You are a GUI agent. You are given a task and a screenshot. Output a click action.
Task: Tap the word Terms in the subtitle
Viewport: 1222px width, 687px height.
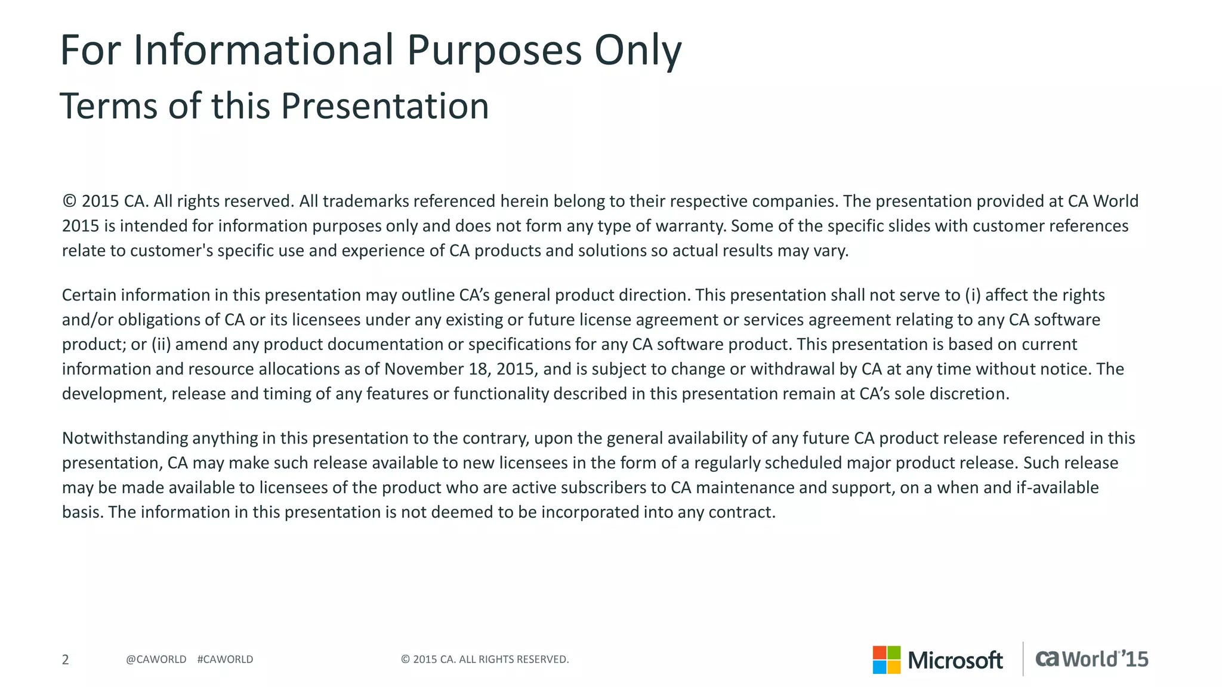click(108, 106)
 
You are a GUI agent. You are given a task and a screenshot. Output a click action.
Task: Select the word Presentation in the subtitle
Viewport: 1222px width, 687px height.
click(384, 106)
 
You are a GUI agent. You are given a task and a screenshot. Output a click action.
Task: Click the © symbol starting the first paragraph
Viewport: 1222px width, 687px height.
click(69, 201)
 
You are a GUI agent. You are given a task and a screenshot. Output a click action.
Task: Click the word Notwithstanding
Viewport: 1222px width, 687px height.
click(124, 438)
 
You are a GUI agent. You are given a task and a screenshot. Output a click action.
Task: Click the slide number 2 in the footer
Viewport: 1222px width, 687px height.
click(66, 660)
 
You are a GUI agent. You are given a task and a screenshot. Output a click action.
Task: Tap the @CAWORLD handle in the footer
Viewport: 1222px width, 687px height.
click(156, 660)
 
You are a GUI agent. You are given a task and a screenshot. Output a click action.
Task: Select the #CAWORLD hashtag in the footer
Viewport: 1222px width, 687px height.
click(225, 660)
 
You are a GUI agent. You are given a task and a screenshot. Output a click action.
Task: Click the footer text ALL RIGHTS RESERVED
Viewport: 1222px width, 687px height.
click(513, 660)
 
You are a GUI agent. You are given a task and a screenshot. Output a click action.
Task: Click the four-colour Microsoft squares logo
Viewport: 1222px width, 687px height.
click(886, 660)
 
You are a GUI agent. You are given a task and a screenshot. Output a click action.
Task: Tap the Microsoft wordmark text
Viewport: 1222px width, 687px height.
click(955, 660)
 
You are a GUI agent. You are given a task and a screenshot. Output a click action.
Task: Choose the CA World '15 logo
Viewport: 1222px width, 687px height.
click(1091, 659)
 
